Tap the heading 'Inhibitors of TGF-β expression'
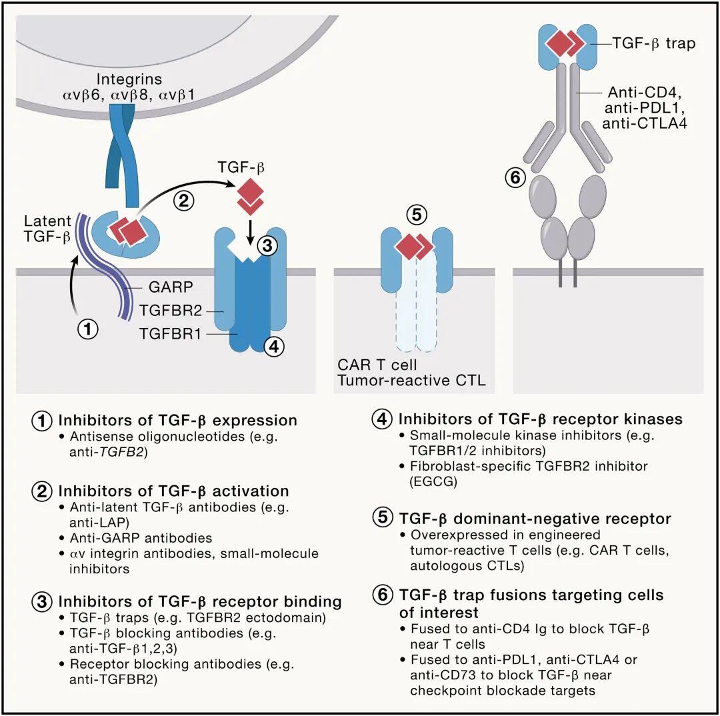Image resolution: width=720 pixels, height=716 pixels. [177, 421]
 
